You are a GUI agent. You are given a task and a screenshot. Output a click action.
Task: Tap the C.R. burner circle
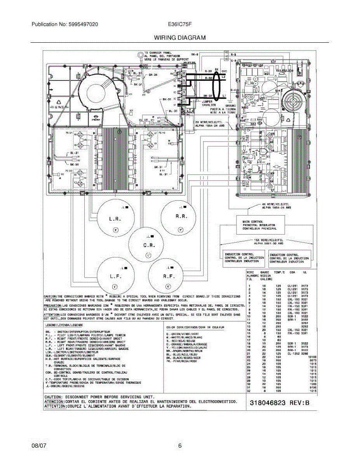tap(148, 247)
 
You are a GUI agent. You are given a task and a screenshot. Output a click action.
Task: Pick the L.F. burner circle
tap(115, 276)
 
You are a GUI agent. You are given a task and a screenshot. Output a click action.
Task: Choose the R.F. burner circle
tap(168, 276)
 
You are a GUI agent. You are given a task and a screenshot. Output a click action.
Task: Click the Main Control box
tap(260, 225)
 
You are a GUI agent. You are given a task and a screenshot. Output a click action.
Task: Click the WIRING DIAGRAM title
tap(180, 38)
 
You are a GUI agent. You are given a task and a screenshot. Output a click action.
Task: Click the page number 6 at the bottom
tap(180, 446)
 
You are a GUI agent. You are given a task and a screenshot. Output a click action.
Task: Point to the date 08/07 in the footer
tap(39, 446)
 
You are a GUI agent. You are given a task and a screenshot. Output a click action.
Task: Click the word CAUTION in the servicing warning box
tap(53, 397)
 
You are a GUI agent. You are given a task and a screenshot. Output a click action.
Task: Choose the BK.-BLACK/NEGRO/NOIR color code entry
tap(185, 358)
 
